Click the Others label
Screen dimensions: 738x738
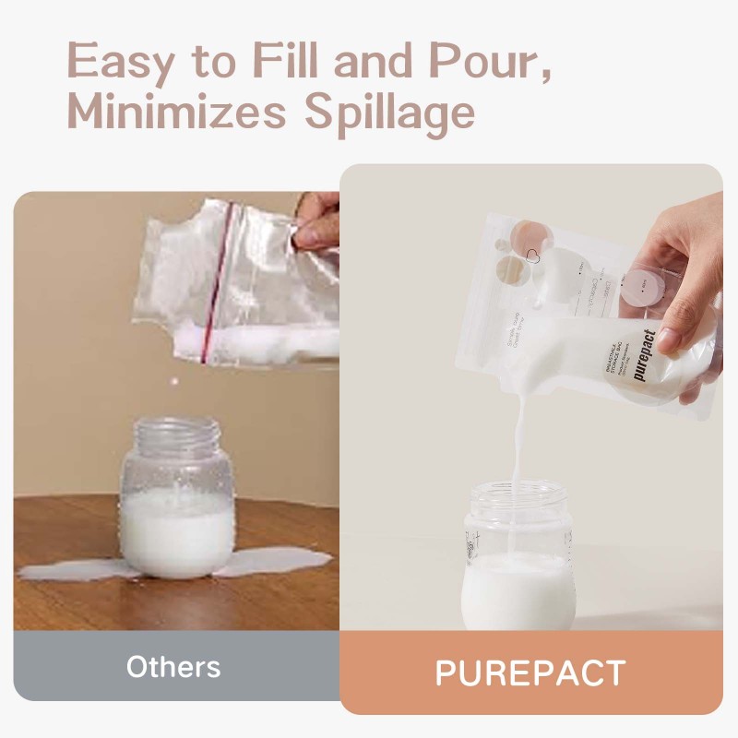coord(173,667)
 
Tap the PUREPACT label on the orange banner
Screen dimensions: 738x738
coord(530,673)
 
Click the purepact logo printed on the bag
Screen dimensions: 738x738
coord(645,356)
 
